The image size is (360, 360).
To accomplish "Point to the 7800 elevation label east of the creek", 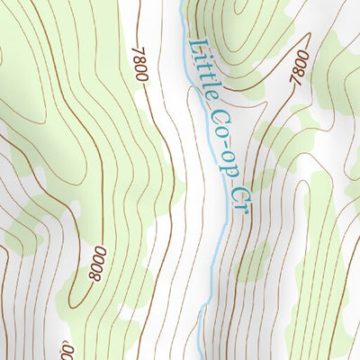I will point(300,68).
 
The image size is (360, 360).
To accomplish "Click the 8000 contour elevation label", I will point(96,263).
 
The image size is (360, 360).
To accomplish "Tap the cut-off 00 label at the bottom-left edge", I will point(67,349).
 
